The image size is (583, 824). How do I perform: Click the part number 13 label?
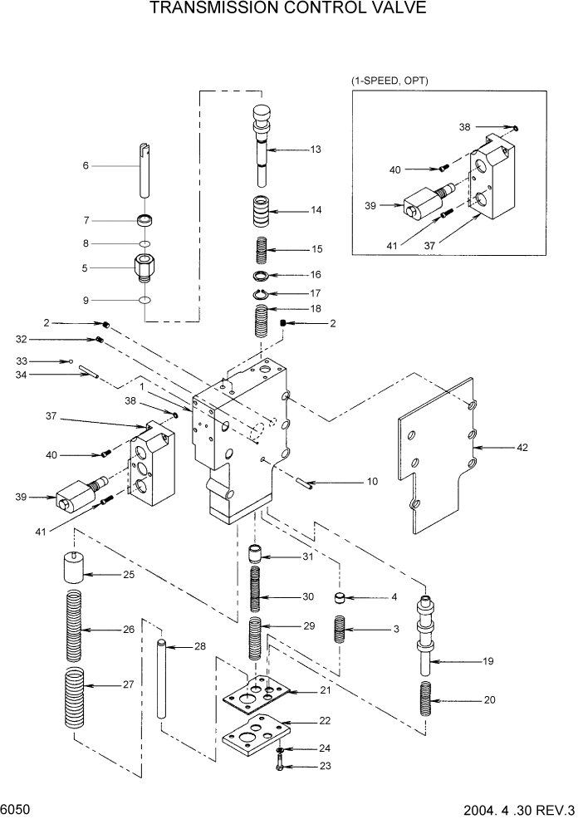[316, 150]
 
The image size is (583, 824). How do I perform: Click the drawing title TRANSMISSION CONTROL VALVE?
[288, 9]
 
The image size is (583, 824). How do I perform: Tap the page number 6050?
[16, 809]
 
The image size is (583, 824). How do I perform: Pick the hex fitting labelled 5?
[145, 267]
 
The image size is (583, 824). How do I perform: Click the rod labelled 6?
[145, 170]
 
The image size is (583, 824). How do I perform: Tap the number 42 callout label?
[522, 448]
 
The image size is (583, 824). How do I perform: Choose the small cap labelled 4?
[340, 597]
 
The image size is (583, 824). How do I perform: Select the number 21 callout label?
[326, 691]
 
